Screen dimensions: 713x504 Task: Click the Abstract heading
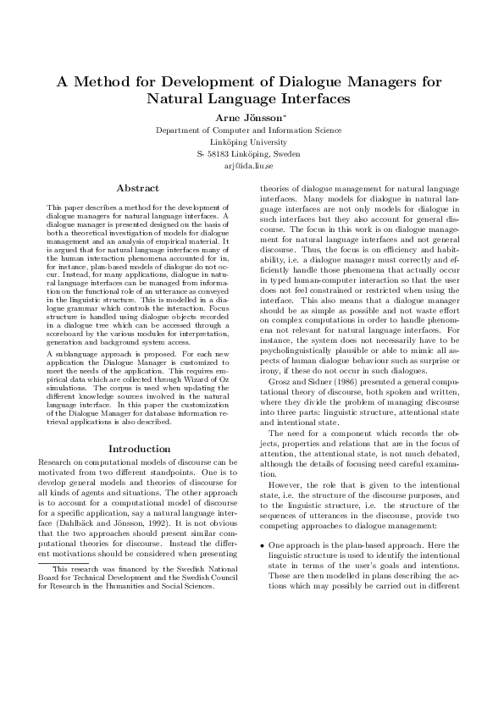pos(137,187)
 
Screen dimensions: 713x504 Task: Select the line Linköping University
pos(252,143)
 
